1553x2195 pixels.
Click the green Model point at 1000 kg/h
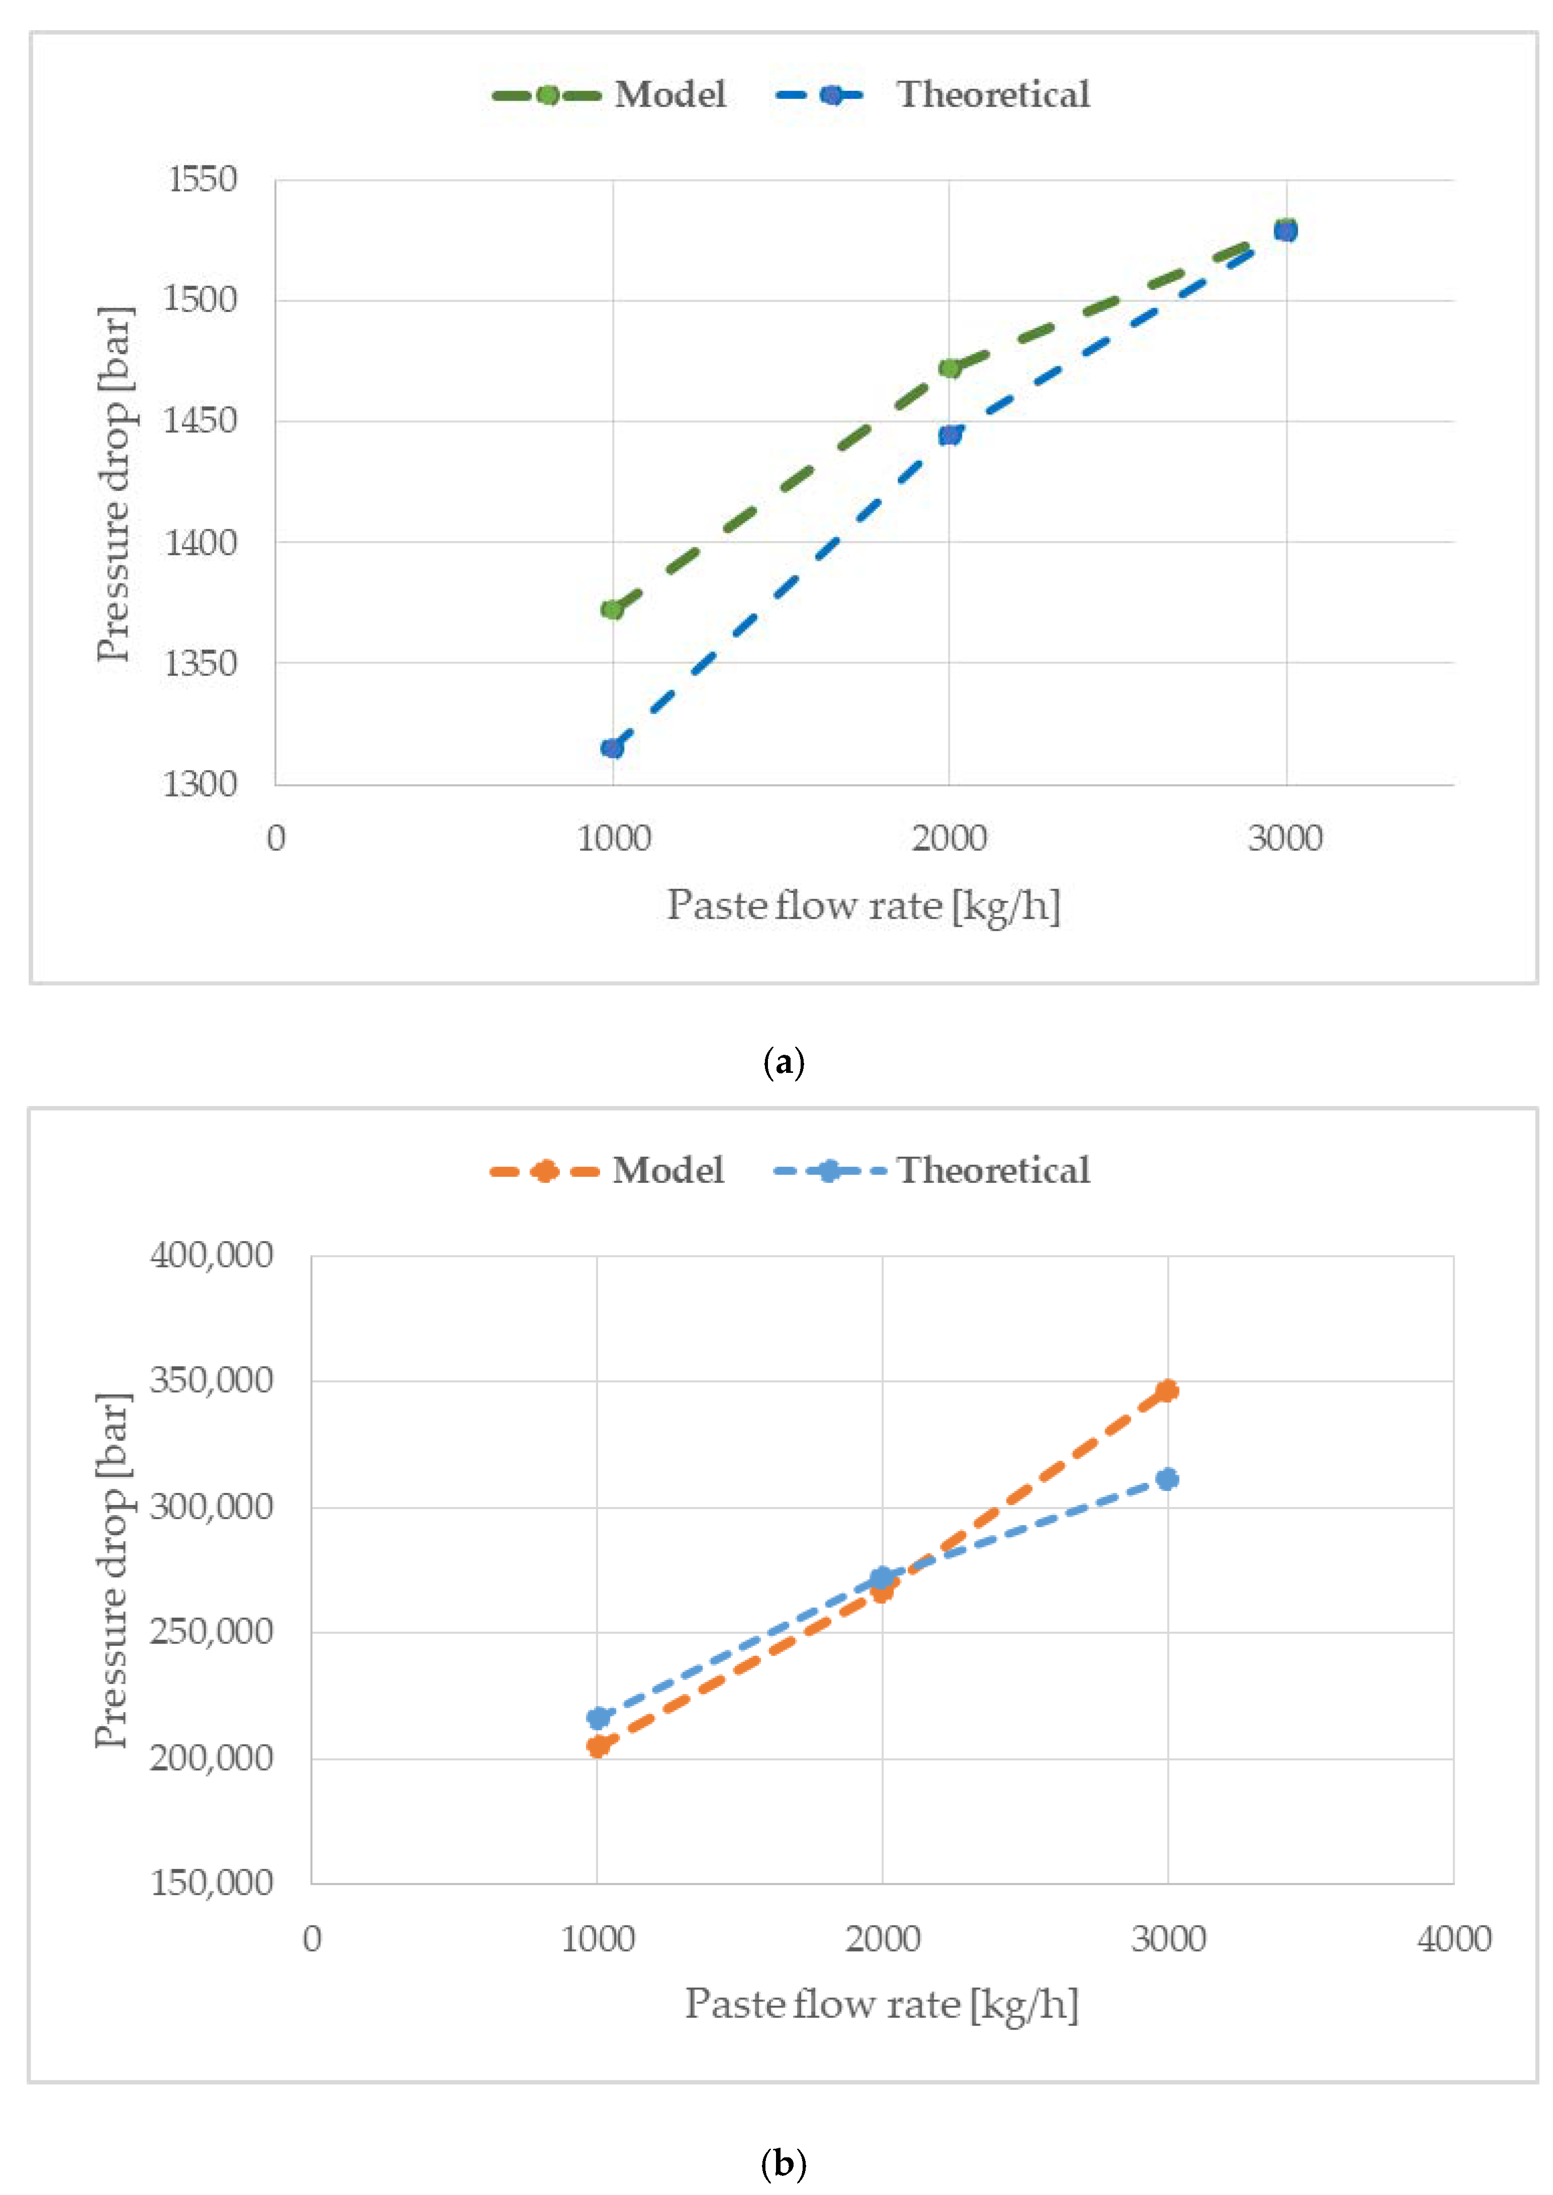tap(612, 609)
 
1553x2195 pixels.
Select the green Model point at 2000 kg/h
tap(949, 368)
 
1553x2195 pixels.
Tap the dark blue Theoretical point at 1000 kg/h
tap(612, 748)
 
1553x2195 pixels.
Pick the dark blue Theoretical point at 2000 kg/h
tap(949, 435)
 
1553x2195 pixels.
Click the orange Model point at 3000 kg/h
tap(1167, 1390)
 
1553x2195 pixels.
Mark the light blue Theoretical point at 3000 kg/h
tap(1167, 1479)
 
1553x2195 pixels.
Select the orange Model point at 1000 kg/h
tap(598, 1746)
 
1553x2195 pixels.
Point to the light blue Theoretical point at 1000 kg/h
tap(598, 1718)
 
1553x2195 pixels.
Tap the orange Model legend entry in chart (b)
tap(607, 1171)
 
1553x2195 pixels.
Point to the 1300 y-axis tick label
tap(200, 784)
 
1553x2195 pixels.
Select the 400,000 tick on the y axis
tap(211, 1255)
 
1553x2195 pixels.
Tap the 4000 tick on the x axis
tap(1453, 1939)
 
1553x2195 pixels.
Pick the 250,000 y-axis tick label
tap(211, 1631)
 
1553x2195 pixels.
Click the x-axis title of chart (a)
tap(863, 905)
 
